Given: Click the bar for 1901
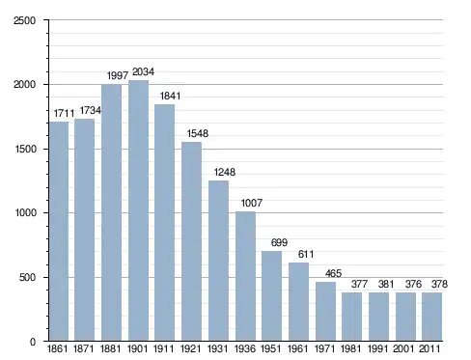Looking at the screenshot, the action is coord(138,210).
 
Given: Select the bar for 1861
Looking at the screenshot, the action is coord(59,231).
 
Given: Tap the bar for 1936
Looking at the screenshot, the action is coord(245,276).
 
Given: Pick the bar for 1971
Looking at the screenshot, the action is coord(325,312).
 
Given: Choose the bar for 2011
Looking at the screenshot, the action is coord(431,317).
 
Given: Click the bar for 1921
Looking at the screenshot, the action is coord(191,241).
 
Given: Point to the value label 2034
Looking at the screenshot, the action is coord(143,71).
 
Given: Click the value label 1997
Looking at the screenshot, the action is coord(118,75).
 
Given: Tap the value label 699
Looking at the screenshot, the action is coord(279,242).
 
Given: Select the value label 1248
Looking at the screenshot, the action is coord(225,172).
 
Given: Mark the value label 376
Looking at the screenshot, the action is coord(413,284).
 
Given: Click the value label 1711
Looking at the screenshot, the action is coord(64,113).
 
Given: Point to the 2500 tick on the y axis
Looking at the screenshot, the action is coord(24,20).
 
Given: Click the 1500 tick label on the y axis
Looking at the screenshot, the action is coord(25,150).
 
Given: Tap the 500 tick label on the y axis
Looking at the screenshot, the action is coord(27,277).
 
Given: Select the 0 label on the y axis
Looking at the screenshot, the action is coord(33,342).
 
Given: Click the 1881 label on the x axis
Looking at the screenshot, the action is coord(110,348).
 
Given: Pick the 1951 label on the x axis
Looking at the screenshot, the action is coord(271,348).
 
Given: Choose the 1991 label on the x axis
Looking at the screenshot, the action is coord(377,348).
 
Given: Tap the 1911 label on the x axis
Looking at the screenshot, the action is coord(163,348).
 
